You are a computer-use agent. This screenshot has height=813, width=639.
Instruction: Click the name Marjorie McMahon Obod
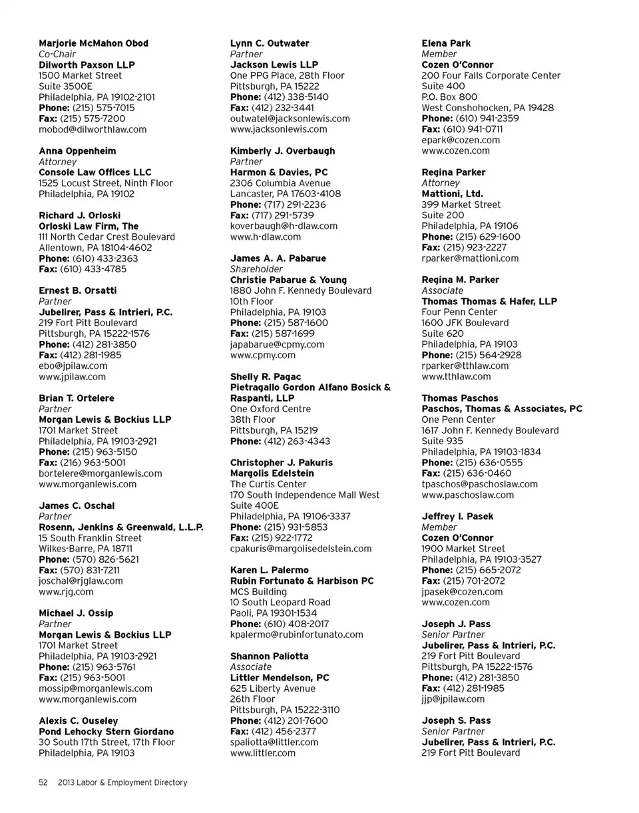coord(93,43)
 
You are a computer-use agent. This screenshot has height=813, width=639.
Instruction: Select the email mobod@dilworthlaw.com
coord(93,129)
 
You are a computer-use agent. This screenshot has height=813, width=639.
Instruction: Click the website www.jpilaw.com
coord(72,376)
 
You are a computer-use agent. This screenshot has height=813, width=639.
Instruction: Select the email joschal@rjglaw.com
coord(81,581)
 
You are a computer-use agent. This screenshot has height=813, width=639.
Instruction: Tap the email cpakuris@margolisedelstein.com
coord(301,549)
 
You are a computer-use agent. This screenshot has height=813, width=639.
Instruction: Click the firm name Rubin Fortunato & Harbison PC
coord(302,581)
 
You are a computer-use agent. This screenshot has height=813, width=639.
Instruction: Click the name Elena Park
coord(446,43)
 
